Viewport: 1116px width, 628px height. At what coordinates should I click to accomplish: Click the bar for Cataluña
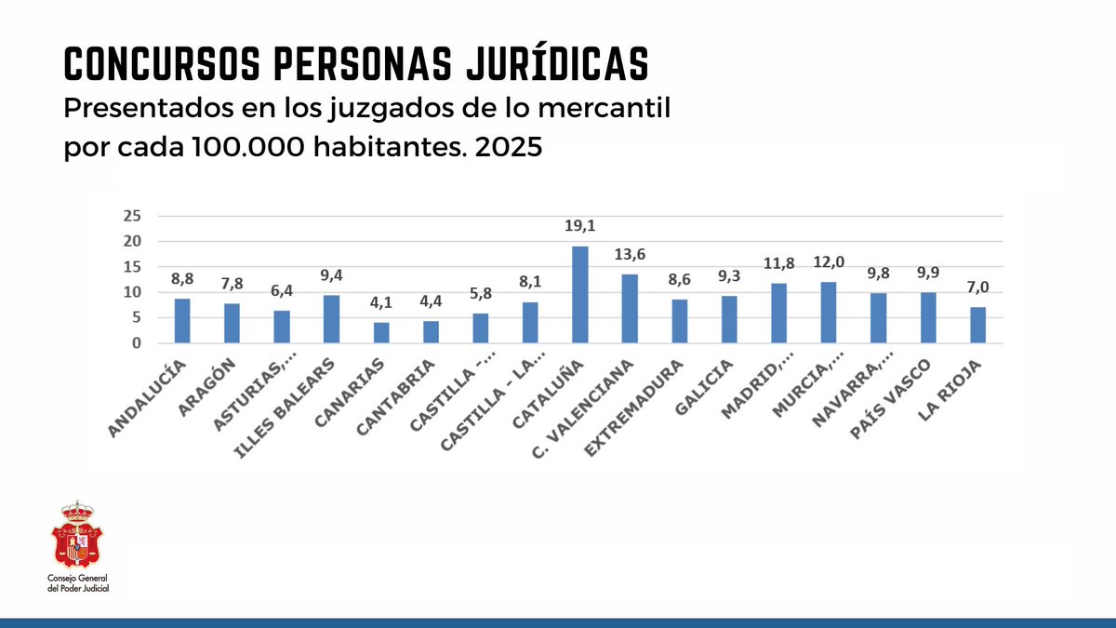click(x=579, y=295)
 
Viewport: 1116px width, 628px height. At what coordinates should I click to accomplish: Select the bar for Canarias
click(x=381, y=332)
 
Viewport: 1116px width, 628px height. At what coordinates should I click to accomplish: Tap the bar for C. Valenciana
click(x=630, y=309)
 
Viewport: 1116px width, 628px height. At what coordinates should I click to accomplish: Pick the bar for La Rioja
click(x=977, y=325)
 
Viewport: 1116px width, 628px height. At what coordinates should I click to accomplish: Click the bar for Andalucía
click(x=182, y=321)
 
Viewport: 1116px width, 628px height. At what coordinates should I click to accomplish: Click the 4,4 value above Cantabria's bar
click(x=431, y=303)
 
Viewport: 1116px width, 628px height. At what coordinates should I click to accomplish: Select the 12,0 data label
click(x=828, y=263)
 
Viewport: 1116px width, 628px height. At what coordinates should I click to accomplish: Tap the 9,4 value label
click(x=331, y=276)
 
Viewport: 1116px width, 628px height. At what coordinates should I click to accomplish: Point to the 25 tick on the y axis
click(x=132, y=216)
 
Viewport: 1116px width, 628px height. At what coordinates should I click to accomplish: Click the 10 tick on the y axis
click(x=132, y=292)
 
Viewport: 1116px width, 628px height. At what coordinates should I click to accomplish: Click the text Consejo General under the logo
click(x=78, y=580)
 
